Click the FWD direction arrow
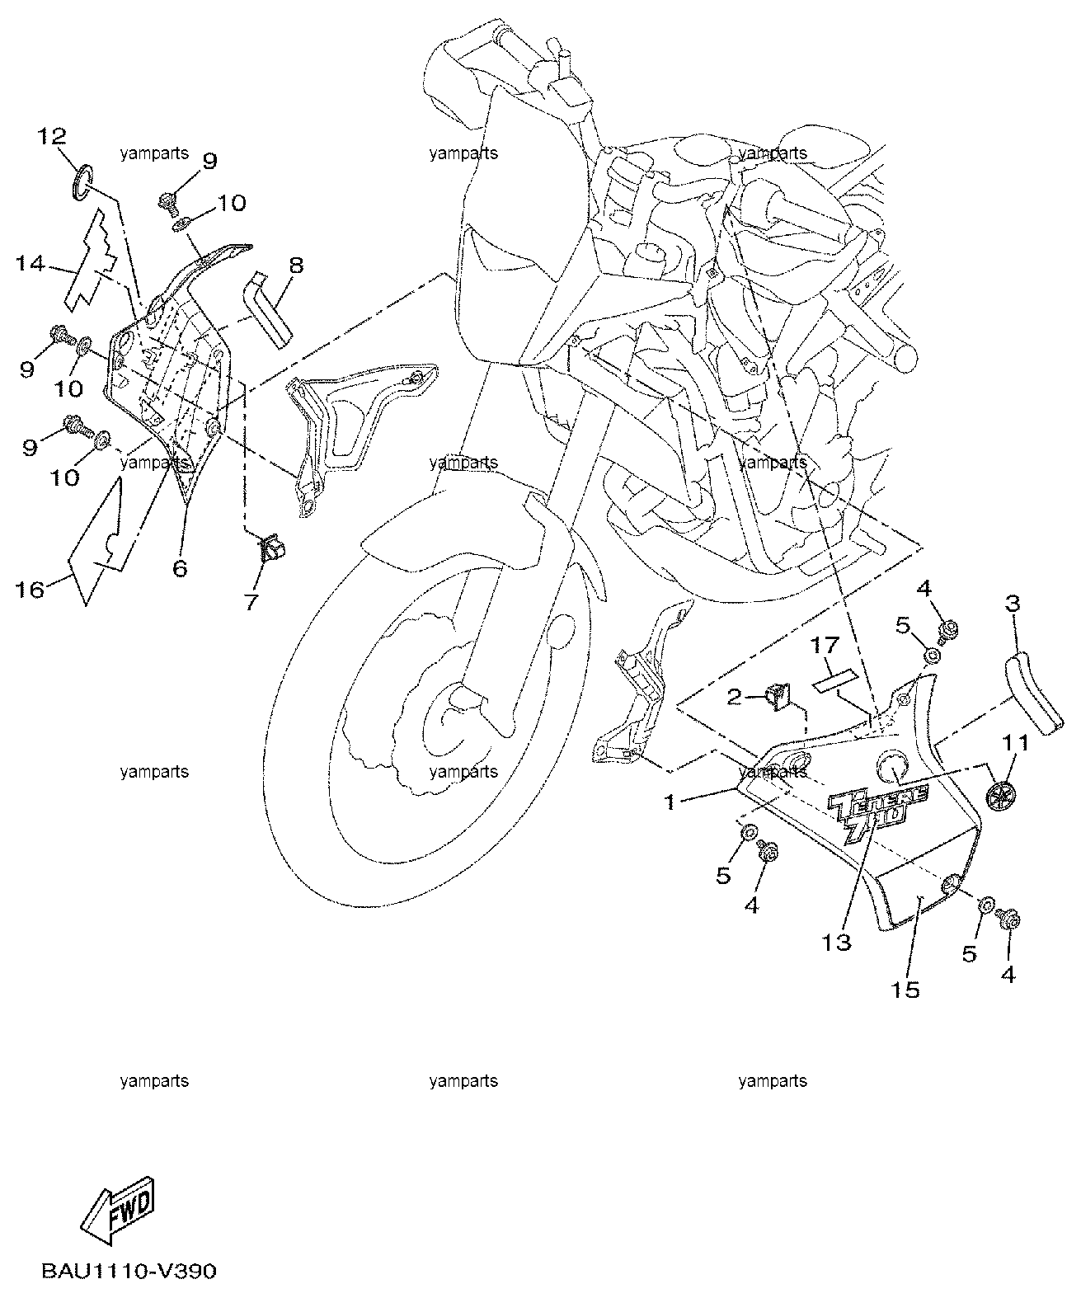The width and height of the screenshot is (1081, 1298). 118,1211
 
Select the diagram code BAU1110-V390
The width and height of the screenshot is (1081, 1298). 129,1271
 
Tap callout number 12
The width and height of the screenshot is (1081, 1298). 52,136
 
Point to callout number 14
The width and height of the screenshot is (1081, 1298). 31,264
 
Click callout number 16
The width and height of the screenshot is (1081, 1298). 30,590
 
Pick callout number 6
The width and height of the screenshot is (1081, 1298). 180,567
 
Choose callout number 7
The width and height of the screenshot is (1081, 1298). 251,601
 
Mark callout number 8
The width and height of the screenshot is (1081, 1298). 297,266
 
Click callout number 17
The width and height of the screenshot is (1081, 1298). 825,645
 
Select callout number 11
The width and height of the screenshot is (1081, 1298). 1015,742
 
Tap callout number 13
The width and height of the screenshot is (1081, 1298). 836,943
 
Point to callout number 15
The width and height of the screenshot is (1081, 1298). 905,990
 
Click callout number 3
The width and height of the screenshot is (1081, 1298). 1013,603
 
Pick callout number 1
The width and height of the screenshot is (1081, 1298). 670,802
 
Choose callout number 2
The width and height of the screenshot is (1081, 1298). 734,697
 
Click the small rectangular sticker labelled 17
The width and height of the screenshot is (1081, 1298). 834,680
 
